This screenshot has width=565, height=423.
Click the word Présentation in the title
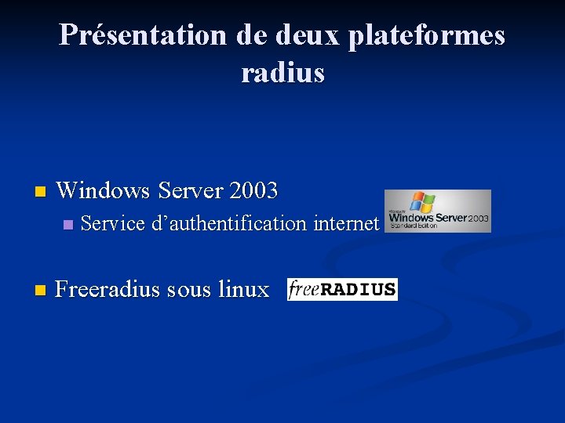[x=141, y=35]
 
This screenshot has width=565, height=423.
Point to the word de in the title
[x=244, y=35]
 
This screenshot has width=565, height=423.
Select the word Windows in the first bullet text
[x=104, y=190]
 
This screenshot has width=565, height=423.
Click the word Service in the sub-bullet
[x=113, y=224]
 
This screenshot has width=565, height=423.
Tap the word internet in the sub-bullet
[x=346, y=224]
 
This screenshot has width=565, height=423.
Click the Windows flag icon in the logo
[x=422, y=201]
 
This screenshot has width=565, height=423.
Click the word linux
[x=244, y=290]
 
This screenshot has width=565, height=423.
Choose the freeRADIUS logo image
[x=342, y=289]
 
